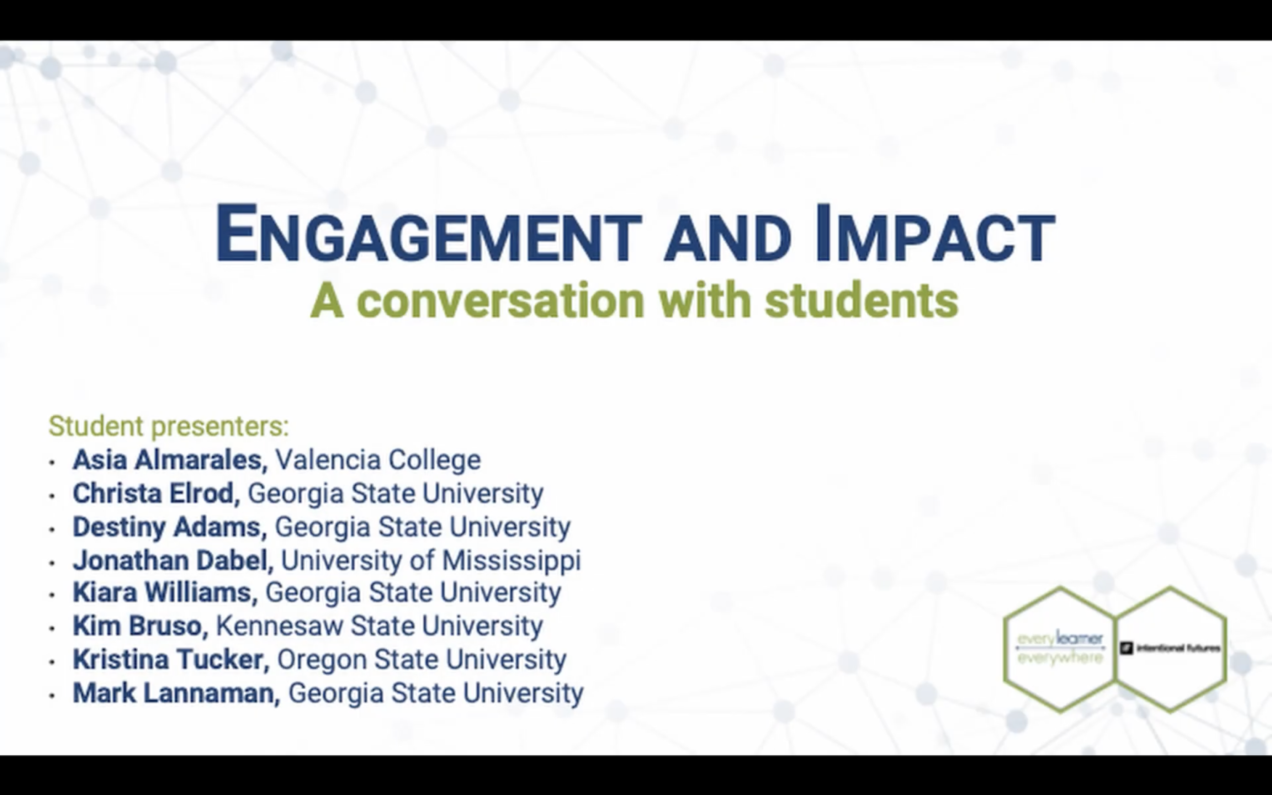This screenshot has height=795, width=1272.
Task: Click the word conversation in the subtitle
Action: [x=500, y=301]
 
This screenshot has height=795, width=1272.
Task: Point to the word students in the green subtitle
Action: [x=861, y=301]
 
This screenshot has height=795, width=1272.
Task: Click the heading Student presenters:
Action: [x=169, y=426]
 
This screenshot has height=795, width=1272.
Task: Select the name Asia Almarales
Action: [x=169, y=460]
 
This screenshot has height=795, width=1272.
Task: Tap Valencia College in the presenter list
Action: [x=378, y=460]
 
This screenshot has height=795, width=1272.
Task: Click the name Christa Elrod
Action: [x=155, y=494]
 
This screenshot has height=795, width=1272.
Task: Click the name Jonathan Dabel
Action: [x=173, y=561]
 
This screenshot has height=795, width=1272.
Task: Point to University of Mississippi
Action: [x=431, y=561]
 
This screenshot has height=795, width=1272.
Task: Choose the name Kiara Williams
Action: [x=164, y=592]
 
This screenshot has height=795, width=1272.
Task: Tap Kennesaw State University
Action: [x=379, y=626]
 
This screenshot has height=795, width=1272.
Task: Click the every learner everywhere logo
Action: [x=1060, y=648]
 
